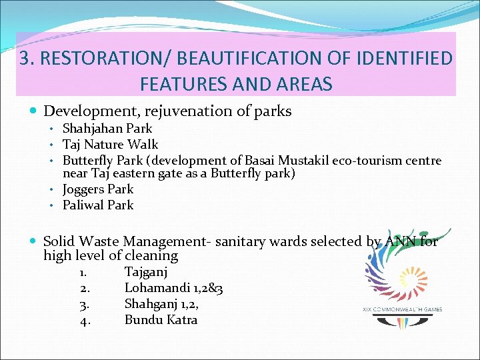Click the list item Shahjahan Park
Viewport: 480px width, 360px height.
(107, 128)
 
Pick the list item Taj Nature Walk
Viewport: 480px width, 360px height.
(110, 144)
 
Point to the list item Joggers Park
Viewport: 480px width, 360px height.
(98, 189)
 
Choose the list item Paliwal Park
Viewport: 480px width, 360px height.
(98, 205)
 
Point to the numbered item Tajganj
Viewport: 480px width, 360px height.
(146, 272)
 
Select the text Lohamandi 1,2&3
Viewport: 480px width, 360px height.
(173, 288)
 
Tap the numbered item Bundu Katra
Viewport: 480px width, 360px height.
(161, 320)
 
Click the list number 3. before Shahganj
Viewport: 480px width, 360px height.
(85, 304)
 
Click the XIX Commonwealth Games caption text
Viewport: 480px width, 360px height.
(402, 309)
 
